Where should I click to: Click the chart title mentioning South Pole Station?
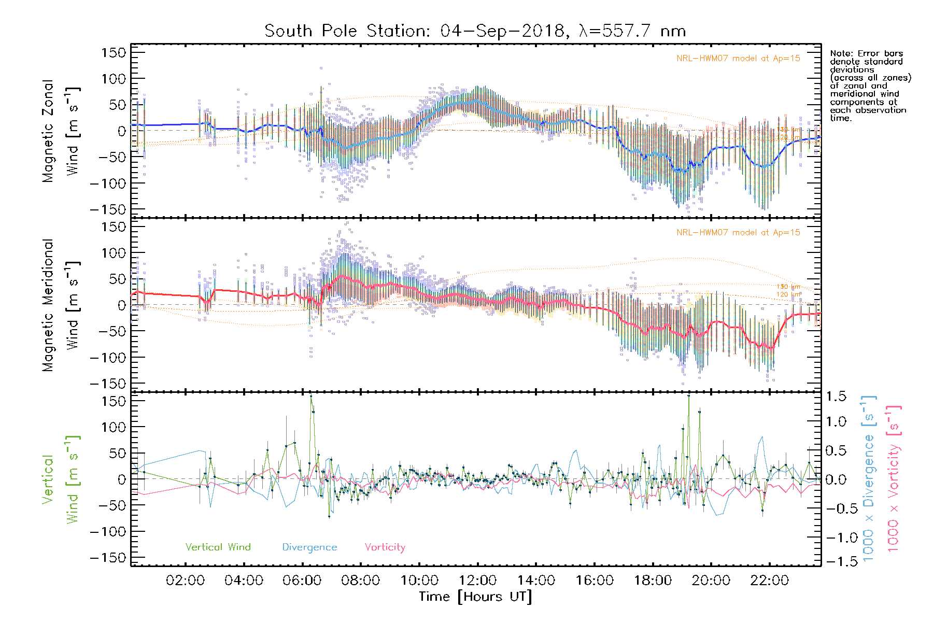[475, 31]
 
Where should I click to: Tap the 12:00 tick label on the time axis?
[478, 581]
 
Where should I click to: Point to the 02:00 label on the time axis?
[185, 581]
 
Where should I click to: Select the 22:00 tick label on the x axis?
[770, 581]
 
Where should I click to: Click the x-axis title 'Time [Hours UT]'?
[475, 597]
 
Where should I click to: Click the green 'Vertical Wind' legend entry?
[218, 547]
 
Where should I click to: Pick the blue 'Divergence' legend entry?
[309, 547]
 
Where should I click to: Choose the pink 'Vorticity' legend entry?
[385, 547]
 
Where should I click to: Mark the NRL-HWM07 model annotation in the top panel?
[738, 59]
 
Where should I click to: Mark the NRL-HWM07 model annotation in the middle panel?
[738, 233]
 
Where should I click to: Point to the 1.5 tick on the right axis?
[836, 397]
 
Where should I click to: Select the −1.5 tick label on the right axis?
[836, 561]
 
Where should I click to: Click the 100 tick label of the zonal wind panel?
[114, 79]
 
